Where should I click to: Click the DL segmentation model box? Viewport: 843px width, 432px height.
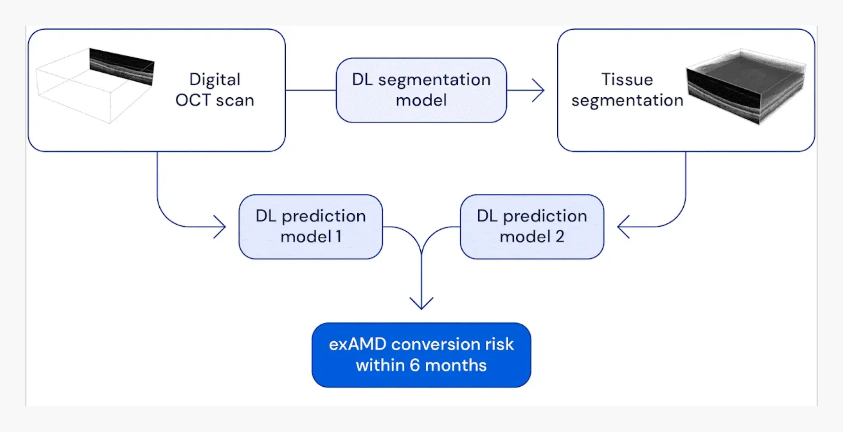(x=421, y=90)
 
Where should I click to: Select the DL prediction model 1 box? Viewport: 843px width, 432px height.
(x=310, y=227)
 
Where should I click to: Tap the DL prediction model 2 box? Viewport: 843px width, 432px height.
(x=532, y=227)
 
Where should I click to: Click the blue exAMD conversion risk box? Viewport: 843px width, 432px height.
(x=421, y=355)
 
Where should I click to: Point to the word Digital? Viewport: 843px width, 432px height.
(x=214, y=80)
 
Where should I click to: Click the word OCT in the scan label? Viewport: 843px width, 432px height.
(x=193, y=100)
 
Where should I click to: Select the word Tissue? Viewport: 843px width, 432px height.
(x=627, y=80)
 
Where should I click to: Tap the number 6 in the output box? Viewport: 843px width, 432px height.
(x=414, y=365)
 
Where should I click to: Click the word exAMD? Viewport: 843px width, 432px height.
(x=357, y=344)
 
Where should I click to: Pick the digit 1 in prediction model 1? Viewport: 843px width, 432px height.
(x=338, y=237)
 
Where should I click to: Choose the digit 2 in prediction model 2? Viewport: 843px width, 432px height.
(x=559, y=237)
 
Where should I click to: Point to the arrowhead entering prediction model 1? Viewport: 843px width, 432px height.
(x=221, y=227)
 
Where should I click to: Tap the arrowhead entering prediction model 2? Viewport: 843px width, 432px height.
(x=622, y=227)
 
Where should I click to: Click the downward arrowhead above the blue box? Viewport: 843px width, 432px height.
(x=421, y=304)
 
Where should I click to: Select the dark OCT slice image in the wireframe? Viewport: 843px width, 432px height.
(x=122, y=66)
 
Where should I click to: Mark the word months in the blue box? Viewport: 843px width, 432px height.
(x=456, y=365)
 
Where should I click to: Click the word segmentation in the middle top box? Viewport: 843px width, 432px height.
(x=434, y=80)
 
